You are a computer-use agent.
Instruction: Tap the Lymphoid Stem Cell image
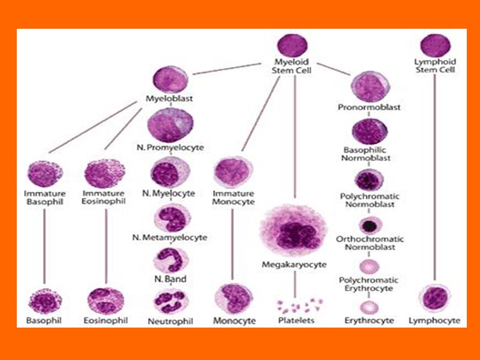click(435, 46)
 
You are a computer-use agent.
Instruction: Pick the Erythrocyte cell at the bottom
click(370, 307)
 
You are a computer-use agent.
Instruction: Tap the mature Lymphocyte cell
click(436, 299)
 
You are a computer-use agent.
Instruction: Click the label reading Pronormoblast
click(370, 108)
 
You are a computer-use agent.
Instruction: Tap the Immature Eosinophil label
click(104, 197)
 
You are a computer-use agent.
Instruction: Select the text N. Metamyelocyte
click(170, 238)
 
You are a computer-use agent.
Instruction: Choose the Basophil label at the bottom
click(44, 320)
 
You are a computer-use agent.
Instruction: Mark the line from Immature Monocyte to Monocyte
click(232, 246)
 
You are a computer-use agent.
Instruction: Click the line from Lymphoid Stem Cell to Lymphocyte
click(434, 180)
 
